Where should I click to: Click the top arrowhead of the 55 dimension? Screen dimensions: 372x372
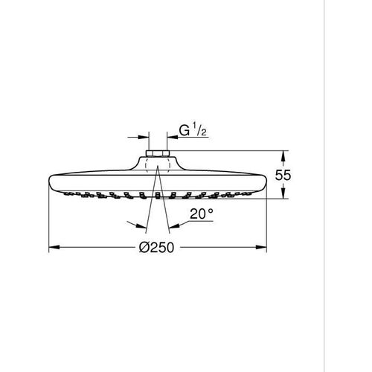click(282, 155)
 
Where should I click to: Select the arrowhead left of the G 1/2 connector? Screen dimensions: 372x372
click(144, 136)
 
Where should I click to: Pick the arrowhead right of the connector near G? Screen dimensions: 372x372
click(172, 136)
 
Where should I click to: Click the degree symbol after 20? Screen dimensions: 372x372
click(212, 211)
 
